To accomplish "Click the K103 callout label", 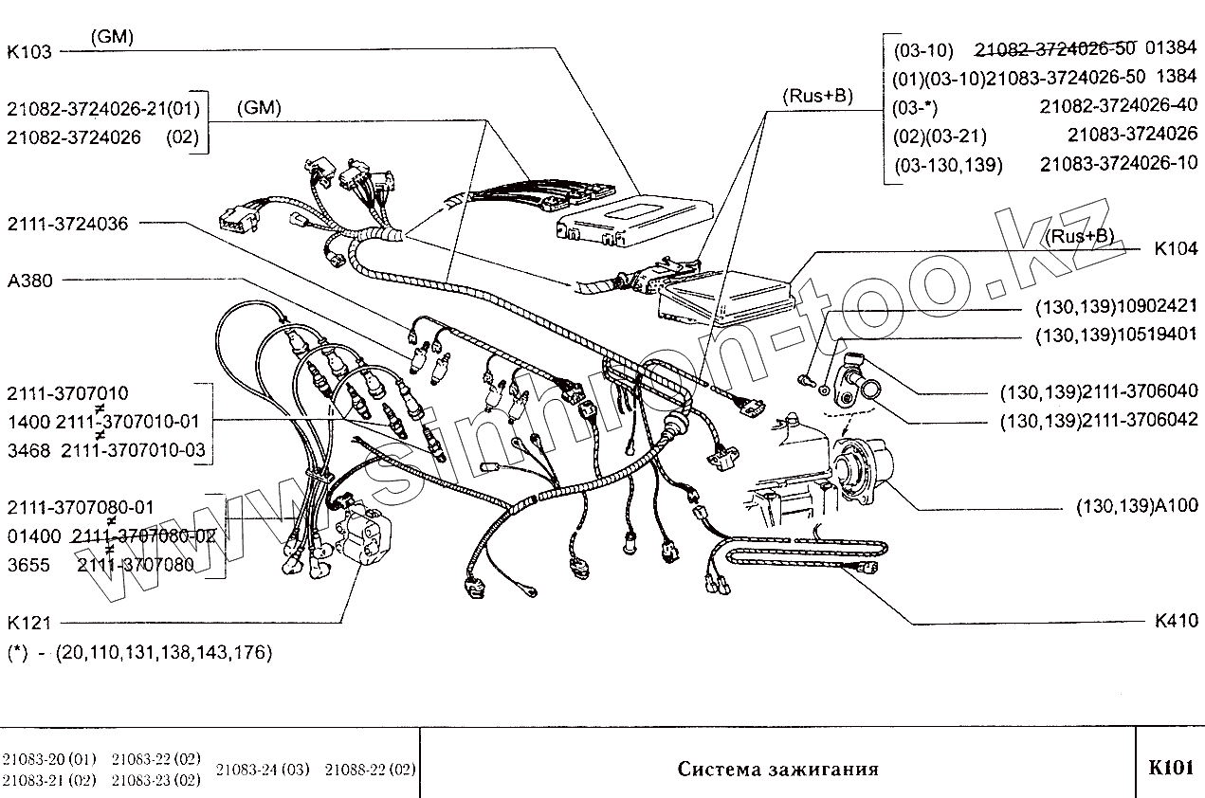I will click(x=29, y=53).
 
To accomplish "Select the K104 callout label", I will click(x=1176, y=251).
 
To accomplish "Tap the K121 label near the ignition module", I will click(x=29, y=623).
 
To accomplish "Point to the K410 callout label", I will click(x=1176, y=622).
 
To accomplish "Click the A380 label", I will click(x=30, y=281).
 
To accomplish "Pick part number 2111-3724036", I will click(x=67, y=224).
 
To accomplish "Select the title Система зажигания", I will click(x=777, y=769).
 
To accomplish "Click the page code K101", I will click(x=1170, y=767).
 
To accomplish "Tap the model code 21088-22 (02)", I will click(x=371, y=769).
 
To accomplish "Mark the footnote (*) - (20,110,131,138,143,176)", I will click(x=139, y=652).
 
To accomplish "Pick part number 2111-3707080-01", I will click(x=80, y=507).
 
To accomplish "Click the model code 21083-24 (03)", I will click(x=263, y=769).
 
